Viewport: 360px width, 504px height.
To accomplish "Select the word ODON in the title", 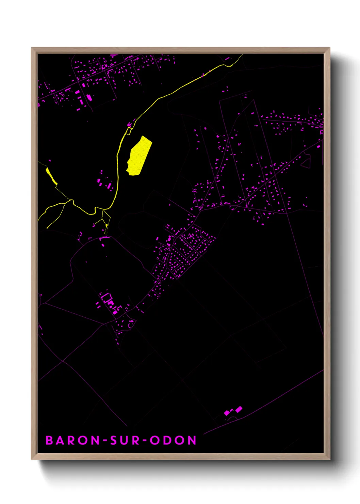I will click(x=174, y=440).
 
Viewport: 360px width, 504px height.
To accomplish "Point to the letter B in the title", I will click(x=49, y=440).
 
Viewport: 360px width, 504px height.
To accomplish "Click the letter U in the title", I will click(x=125, y=440).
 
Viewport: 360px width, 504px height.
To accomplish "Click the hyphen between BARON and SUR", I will click(x=105, y=441).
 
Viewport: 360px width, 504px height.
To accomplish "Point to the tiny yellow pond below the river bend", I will click(x=107, y=225).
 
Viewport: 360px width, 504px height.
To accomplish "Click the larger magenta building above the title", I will click(x=239, y=409).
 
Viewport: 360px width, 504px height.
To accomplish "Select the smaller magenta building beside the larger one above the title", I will click(x=227, y=413).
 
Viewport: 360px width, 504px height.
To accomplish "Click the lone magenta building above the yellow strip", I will click(x=50, y=160).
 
